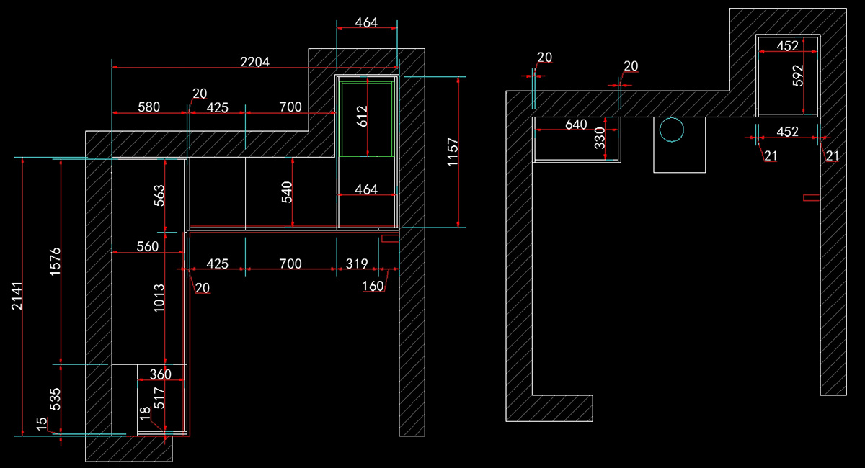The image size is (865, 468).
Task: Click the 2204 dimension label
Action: click(255, 62)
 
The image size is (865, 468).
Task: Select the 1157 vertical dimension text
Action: click(452, 153)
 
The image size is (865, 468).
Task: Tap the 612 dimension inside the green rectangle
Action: click(362, 117)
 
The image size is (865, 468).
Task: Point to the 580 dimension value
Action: click(149, 107)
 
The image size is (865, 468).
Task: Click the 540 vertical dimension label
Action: click(287, 192)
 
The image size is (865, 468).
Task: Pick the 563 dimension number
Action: click(159, 196)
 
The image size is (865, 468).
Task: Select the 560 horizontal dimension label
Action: click(148, 246)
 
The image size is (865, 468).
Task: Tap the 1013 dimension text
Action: click(159, 298)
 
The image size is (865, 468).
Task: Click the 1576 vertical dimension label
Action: click(55, 261)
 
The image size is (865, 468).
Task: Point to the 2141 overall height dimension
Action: click(17, 296)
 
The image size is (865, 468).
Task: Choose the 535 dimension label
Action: click(55, 399)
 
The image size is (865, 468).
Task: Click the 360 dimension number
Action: click(160, 374)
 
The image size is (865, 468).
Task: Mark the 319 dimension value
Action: click(357, 264)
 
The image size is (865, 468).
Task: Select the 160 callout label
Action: click(373, 286)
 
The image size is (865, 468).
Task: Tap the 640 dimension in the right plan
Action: click(576, 125)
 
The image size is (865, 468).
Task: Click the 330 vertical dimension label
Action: click(599, 138)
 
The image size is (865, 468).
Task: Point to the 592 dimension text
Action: click(797, 76)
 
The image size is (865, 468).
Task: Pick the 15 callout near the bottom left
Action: click(41, 424)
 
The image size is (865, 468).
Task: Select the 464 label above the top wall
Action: click(366, 22)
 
